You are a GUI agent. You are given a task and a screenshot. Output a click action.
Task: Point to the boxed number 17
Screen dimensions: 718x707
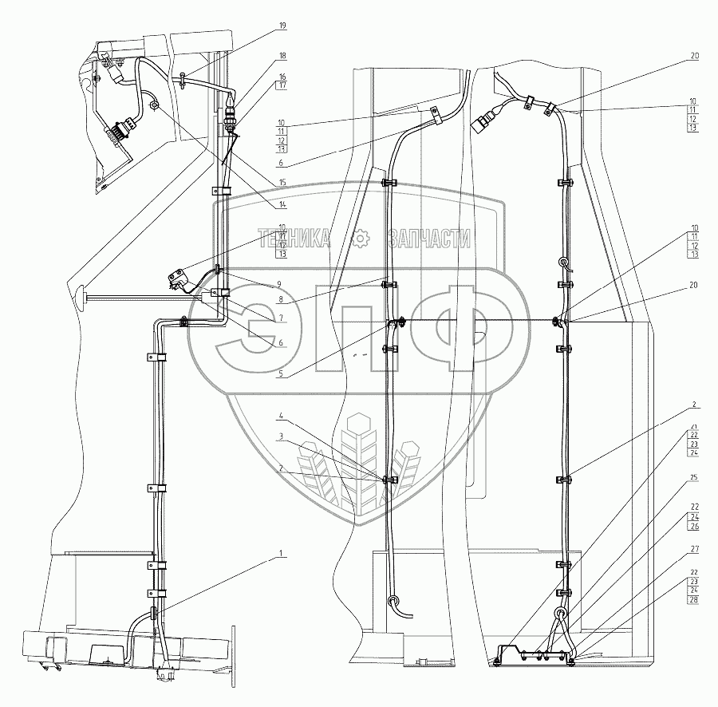pyautogui.click(x=282, y=85)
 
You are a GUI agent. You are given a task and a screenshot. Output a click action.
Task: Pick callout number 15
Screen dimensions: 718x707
pyautogui.click(x=282, y=181)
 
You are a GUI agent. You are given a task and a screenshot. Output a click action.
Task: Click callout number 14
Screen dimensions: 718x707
pyautogui.click(x=282, y=203)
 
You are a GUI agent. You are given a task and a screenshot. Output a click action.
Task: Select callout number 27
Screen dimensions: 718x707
pyautogui.click(x=694, y=549)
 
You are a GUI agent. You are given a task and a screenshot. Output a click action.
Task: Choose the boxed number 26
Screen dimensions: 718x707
pyautogui.click(x=694, y=527)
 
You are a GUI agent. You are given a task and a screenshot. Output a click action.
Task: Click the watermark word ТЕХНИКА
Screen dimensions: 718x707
pyautogui.click(x=294, y=238)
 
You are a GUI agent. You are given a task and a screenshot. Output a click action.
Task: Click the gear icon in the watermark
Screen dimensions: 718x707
pyautogui.click(x=361, y=237)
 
